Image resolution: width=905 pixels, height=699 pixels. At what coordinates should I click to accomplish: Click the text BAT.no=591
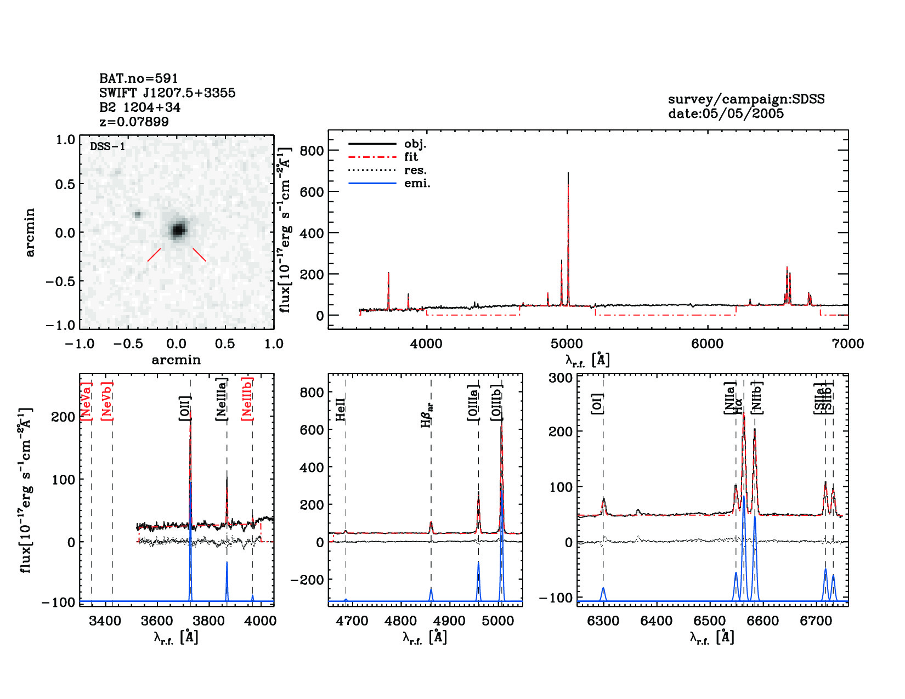pyautogui.click(x=138, y=78)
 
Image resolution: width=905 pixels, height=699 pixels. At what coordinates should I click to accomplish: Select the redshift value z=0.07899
pyautogui.click(x=134, y=122)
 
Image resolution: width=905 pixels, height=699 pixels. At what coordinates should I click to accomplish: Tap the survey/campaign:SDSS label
pyautogui.click(x=746, y=99)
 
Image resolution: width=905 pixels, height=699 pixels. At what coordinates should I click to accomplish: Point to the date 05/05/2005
pyautogui.click(x=726, y=113)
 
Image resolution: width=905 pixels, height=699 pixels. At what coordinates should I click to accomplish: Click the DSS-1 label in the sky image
pyautogui.click(x=108, y=146)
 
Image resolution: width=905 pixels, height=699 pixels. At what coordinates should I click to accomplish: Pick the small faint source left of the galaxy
pyautogui.click(x=137, y=214)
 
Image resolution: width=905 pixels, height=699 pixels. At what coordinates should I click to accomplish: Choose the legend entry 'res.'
pyautogui.click(x=415, y=170)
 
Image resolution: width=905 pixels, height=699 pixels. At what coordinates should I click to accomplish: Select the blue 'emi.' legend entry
pyautogui.click(x=417, y=183)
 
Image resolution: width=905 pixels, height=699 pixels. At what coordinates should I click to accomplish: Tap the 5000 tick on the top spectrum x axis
pyautogui.click(x=567, y=344)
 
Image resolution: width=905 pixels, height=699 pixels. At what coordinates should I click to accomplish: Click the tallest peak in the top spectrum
pyautogui.click(x=568, y=174)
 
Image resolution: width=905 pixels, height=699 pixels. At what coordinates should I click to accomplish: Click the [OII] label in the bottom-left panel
pyautogui.click(x=185, y=408)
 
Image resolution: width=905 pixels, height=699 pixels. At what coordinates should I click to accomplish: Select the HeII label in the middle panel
pyautogui.click(x=341, y=410)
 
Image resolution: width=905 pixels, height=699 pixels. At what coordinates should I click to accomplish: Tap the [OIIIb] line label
pyautogui.click(x=496, y=402)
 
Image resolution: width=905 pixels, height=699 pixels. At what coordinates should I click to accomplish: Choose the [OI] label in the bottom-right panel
pyautogui.click(x=597, y=403)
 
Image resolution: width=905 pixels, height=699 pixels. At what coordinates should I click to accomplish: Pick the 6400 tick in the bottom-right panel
pyautogui.click(x=656, y=621)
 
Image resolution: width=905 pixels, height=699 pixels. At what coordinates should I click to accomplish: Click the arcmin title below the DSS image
pyautogui.click(x=176, y=360)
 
